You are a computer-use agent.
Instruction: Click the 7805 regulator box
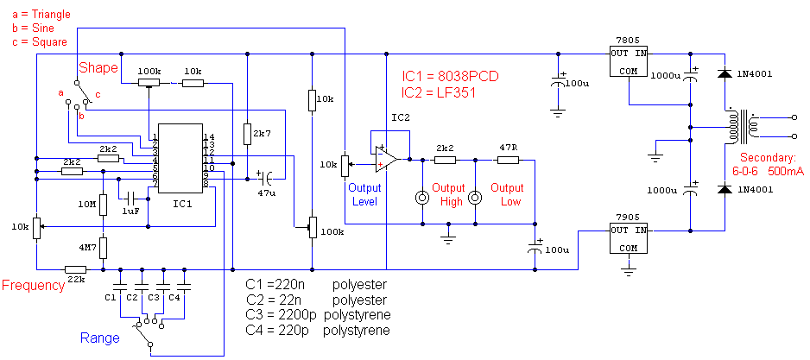(629, 61)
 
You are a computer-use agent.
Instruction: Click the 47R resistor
(506, 160)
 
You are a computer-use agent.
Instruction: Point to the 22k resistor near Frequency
(75, 268)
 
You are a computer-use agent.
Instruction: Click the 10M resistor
(103, 205)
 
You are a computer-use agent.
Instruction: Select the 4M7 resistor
(103, 248)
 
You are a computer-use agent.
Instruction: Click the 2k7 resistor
(247, 134)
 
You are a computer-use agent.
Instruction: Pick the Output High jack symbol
(422, 198)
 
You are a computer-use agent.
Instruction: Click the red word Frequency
(33, 286)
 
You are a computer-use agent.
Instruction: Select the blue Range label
(100, 338)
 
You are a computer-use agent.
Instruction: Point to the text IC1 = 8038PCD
(450, 76)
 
